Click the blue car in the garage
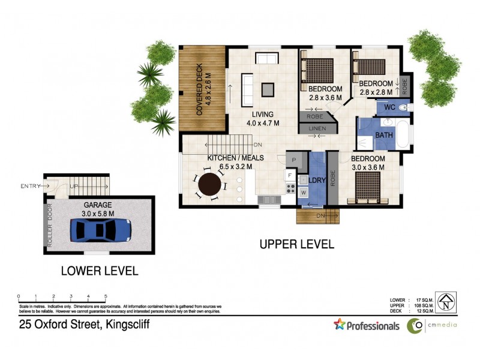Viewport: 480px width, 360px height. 100,229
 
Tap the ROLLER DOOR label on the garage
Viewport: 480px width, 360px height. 50,226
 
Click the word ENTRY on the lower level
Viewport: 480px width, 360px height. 31,185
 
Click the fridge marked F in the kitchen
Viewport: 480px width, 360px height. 289,176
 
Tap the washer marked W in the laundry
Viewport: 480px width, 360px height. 304,193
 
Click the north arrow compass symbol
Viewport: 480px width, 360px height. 446,302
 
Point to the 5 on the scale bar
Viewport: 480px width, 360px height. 106,296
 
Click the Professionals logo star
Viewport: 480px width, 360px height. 340,325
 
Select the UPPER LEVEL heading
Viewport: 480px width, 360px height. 296,244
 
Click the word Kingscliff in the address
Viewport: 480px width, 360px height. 128,325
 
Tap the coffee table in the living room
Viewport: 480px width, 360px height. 268,89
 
